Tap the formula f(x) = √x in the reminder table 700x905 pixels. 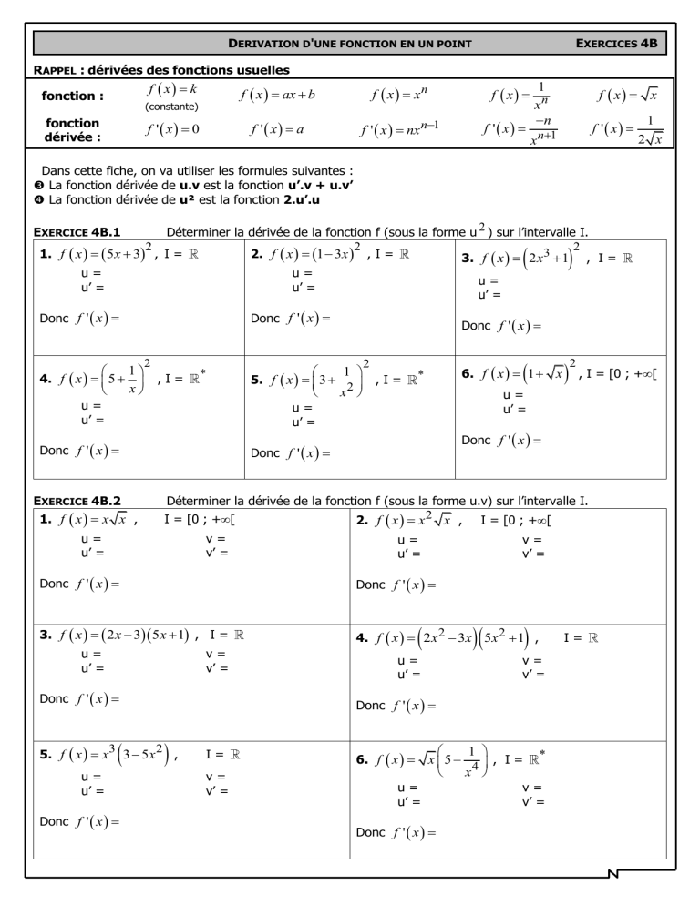629,95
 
